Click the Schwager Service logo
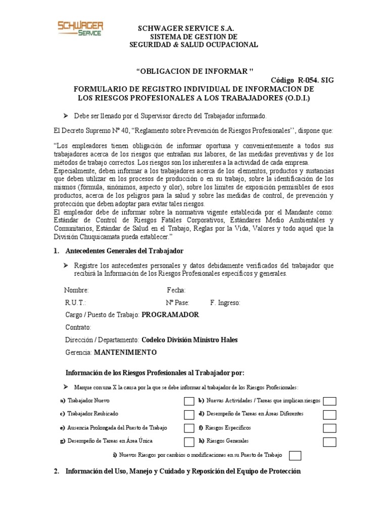click(x=80, y=28)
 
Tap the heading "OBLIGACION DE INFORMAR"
click(x=195, y=70)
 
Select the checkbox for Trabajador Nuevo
click(x=189, y=402)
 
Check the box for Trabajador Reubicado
click(x=189, y=415)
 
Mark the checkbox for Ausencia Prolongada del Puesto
click(x=189, y=428)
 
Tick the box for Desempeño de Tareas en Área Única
click(x=189, y=442)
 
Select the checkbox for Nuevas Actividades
click(x=329, y=402)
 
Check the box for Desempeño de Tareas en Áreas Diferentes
click(x=329, y=415)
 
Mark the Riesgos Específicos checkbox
click(x=329, y=428)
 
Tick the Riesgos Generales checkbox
click(x=329, y=442)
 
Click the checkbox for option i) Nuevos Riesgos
click(x=295, y=456)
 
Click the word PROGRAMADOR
click(x=170, y=315)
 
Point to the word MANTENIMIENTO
click(x=125, y=352)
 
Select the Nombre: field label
click(x=76, y=290)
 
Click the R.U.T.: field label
click(x=75, y=303)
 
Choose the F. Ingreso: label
click(x=225, y=303)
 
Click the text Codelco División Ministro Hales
click(x=189, y=339)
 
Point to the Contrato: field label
click(x=78, y=327)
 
